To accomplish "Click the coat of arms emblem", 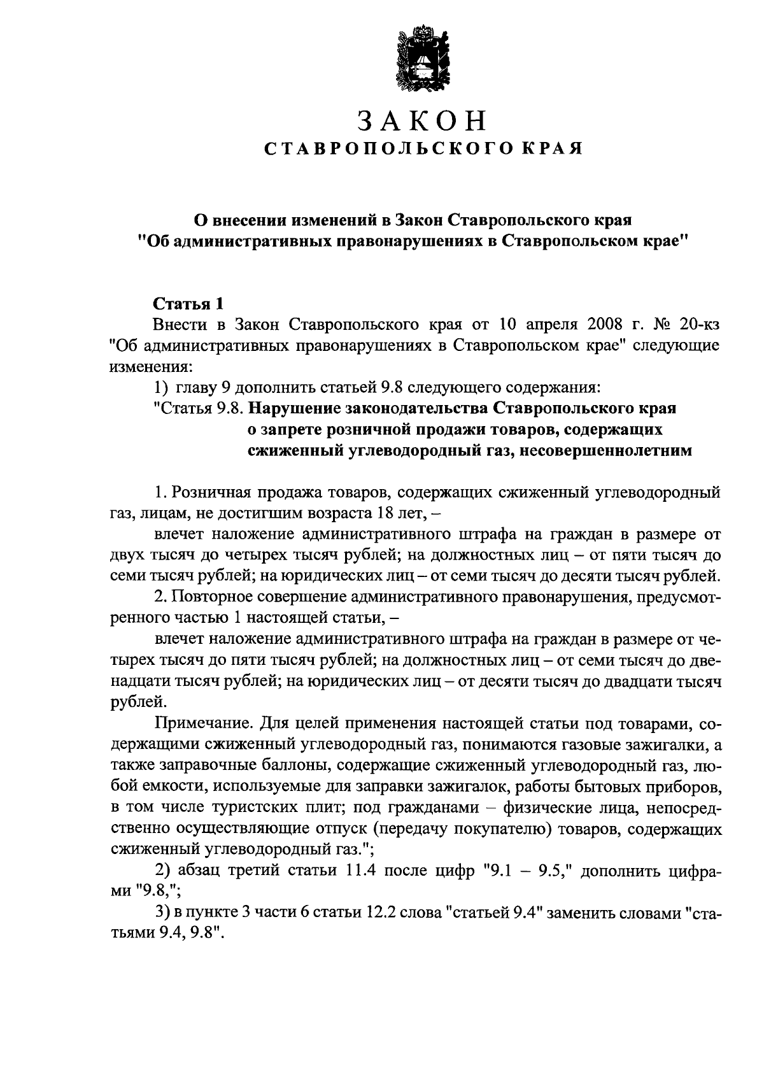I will (419, 56).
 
